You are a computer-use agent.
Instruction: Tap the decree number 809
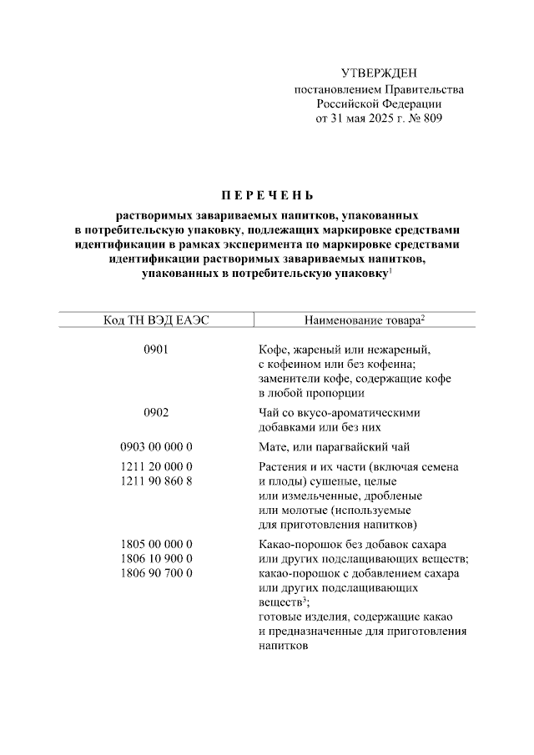[x=431, y=118]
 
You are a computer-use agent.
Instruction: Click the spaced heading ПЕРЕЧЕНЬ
[x=267, y=197]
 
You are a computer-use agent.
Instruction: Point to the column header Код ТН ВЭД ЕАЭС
[x=155, y=321]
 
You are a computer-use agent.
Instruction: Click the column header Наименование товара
[x=361, y=321]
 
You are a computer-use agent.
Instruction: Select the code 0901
[x=156, y=350]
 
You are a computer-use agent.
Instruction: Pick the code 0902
[x=156, y=412]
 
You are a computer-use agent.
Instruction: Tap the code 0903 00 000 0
[x=156, y=447]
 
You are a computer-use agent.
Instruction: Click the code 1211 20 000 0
[x=156, y=467]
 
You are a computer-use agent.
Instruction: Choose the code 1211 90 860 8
[x=156, y=481]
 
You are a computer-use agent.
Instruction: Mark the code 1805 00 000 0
[x=156, y=544]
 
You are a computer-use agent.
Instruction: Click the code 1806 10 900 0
[x=156, y=558]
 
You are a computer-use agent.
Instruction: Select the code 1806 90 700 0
[x=156, y=573]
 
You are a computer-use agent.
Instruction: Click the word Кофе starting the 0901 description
[x=273, y=350]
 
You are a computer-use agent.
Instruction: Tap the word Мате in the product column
[x=274, y=447]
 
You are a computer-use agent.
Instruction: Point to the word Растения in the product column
[x=283, y=467]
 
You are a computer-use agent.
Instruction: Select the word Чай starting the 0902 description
[x=270, y=412]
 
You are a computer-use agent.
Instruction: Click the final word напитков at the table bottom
[x=284, y=646]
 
